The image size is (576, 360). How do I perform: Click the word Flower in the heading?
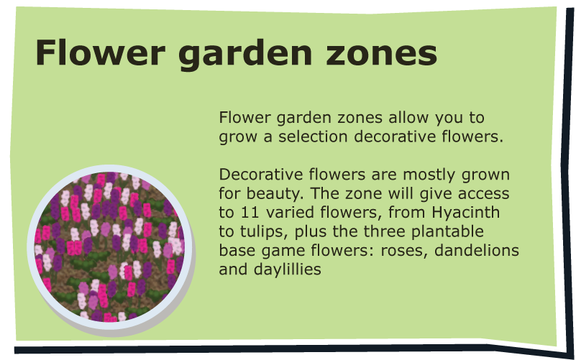(x=100, y=52)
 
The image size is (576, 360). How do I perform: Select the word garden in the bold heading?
(x=245, y=55)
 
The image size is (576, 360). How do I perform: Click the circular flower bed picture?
(x=110, y=247)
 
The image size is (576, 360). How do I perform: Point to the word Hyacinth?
(x=465, y=212)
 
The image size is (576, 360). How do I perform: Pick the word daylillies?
(x=287, y=269)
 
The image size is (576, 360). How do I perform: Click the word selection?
(x=313, y=137)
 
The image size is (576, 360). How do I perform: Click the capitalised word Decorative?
(x=261, y=175)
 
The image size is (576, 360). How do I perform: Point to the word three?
(x=385, y=231)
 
